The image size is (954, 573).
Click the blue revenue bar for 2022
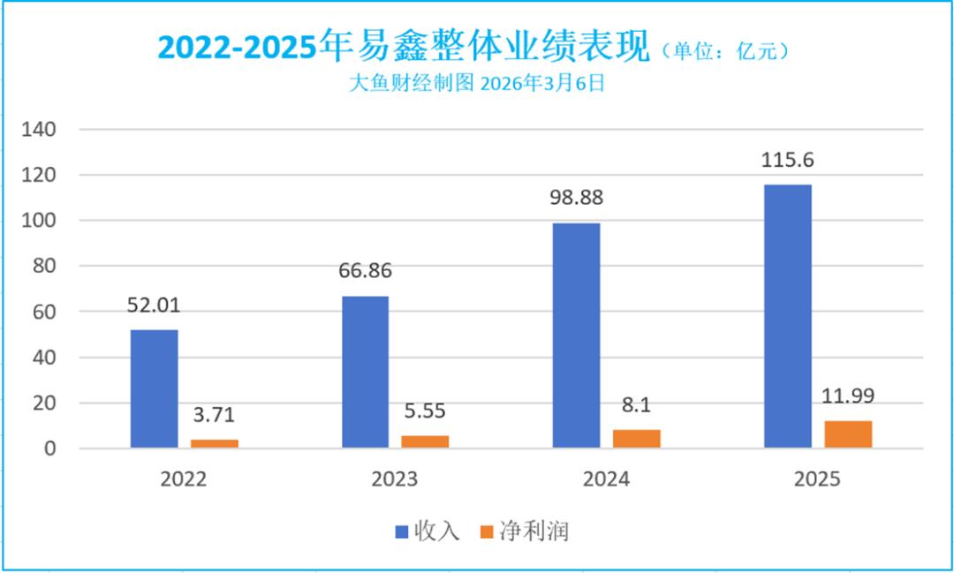pyautogui.click(x=154, y=388)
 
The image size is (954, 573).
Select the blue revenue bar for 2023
pyautogui.click(x=365, y=372)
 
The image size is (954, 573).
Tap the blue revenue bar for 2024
pyautogui.click(x=576, y=336)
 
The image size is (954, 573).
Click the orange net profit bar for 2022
pyautogui.click(x=215, y=443)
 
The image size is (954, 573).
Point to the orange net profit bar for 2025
pyautogui.click(x=848, y=434)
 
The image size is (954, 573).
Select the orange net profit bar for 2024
pyautogui.click(x=637, y=439)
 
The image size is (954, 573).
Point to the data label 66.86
pyautogui.click(x=365, y=271)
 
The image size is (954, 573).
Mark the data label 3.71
pyautogui.click(x=215, y=414)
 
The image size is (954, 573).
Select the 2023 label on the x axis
pyautogui.click(x=395, y=479)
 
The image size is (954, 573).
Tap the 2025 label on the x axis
pyautogui.click(x=817, y=479)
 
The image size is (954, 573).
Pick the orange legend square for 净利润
pyautogui.click(x=485, y=532)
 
